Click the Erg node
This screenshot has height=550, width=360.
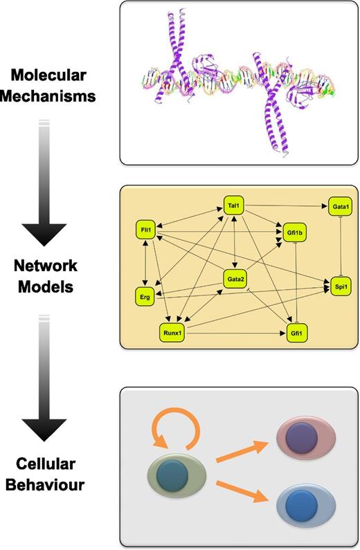[145, 296]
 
